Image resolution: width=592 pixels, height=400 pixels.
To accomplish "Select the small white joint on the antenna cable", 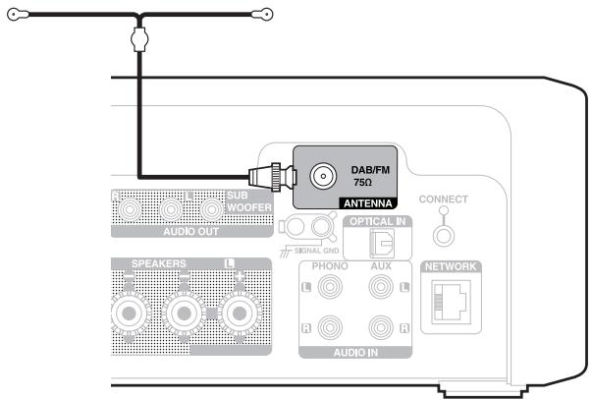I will [138, 39].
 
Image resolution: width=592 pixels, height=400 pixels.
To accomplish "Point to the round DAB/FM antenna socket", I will [321, 177].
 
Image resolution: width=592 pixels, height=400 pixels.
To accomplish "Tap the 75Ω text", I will [361, 184].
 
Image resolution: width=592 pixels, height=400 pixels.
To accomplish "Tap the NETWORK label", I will [451, 267].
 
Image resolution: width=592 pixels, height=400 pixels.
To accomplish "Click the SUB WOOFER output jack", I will [211, 210].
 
